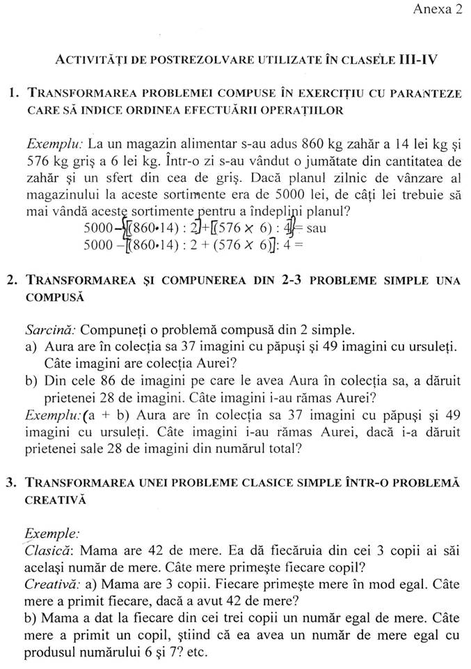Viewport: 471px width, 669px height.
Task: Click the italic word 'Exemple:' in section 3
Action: click(48, 533)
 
